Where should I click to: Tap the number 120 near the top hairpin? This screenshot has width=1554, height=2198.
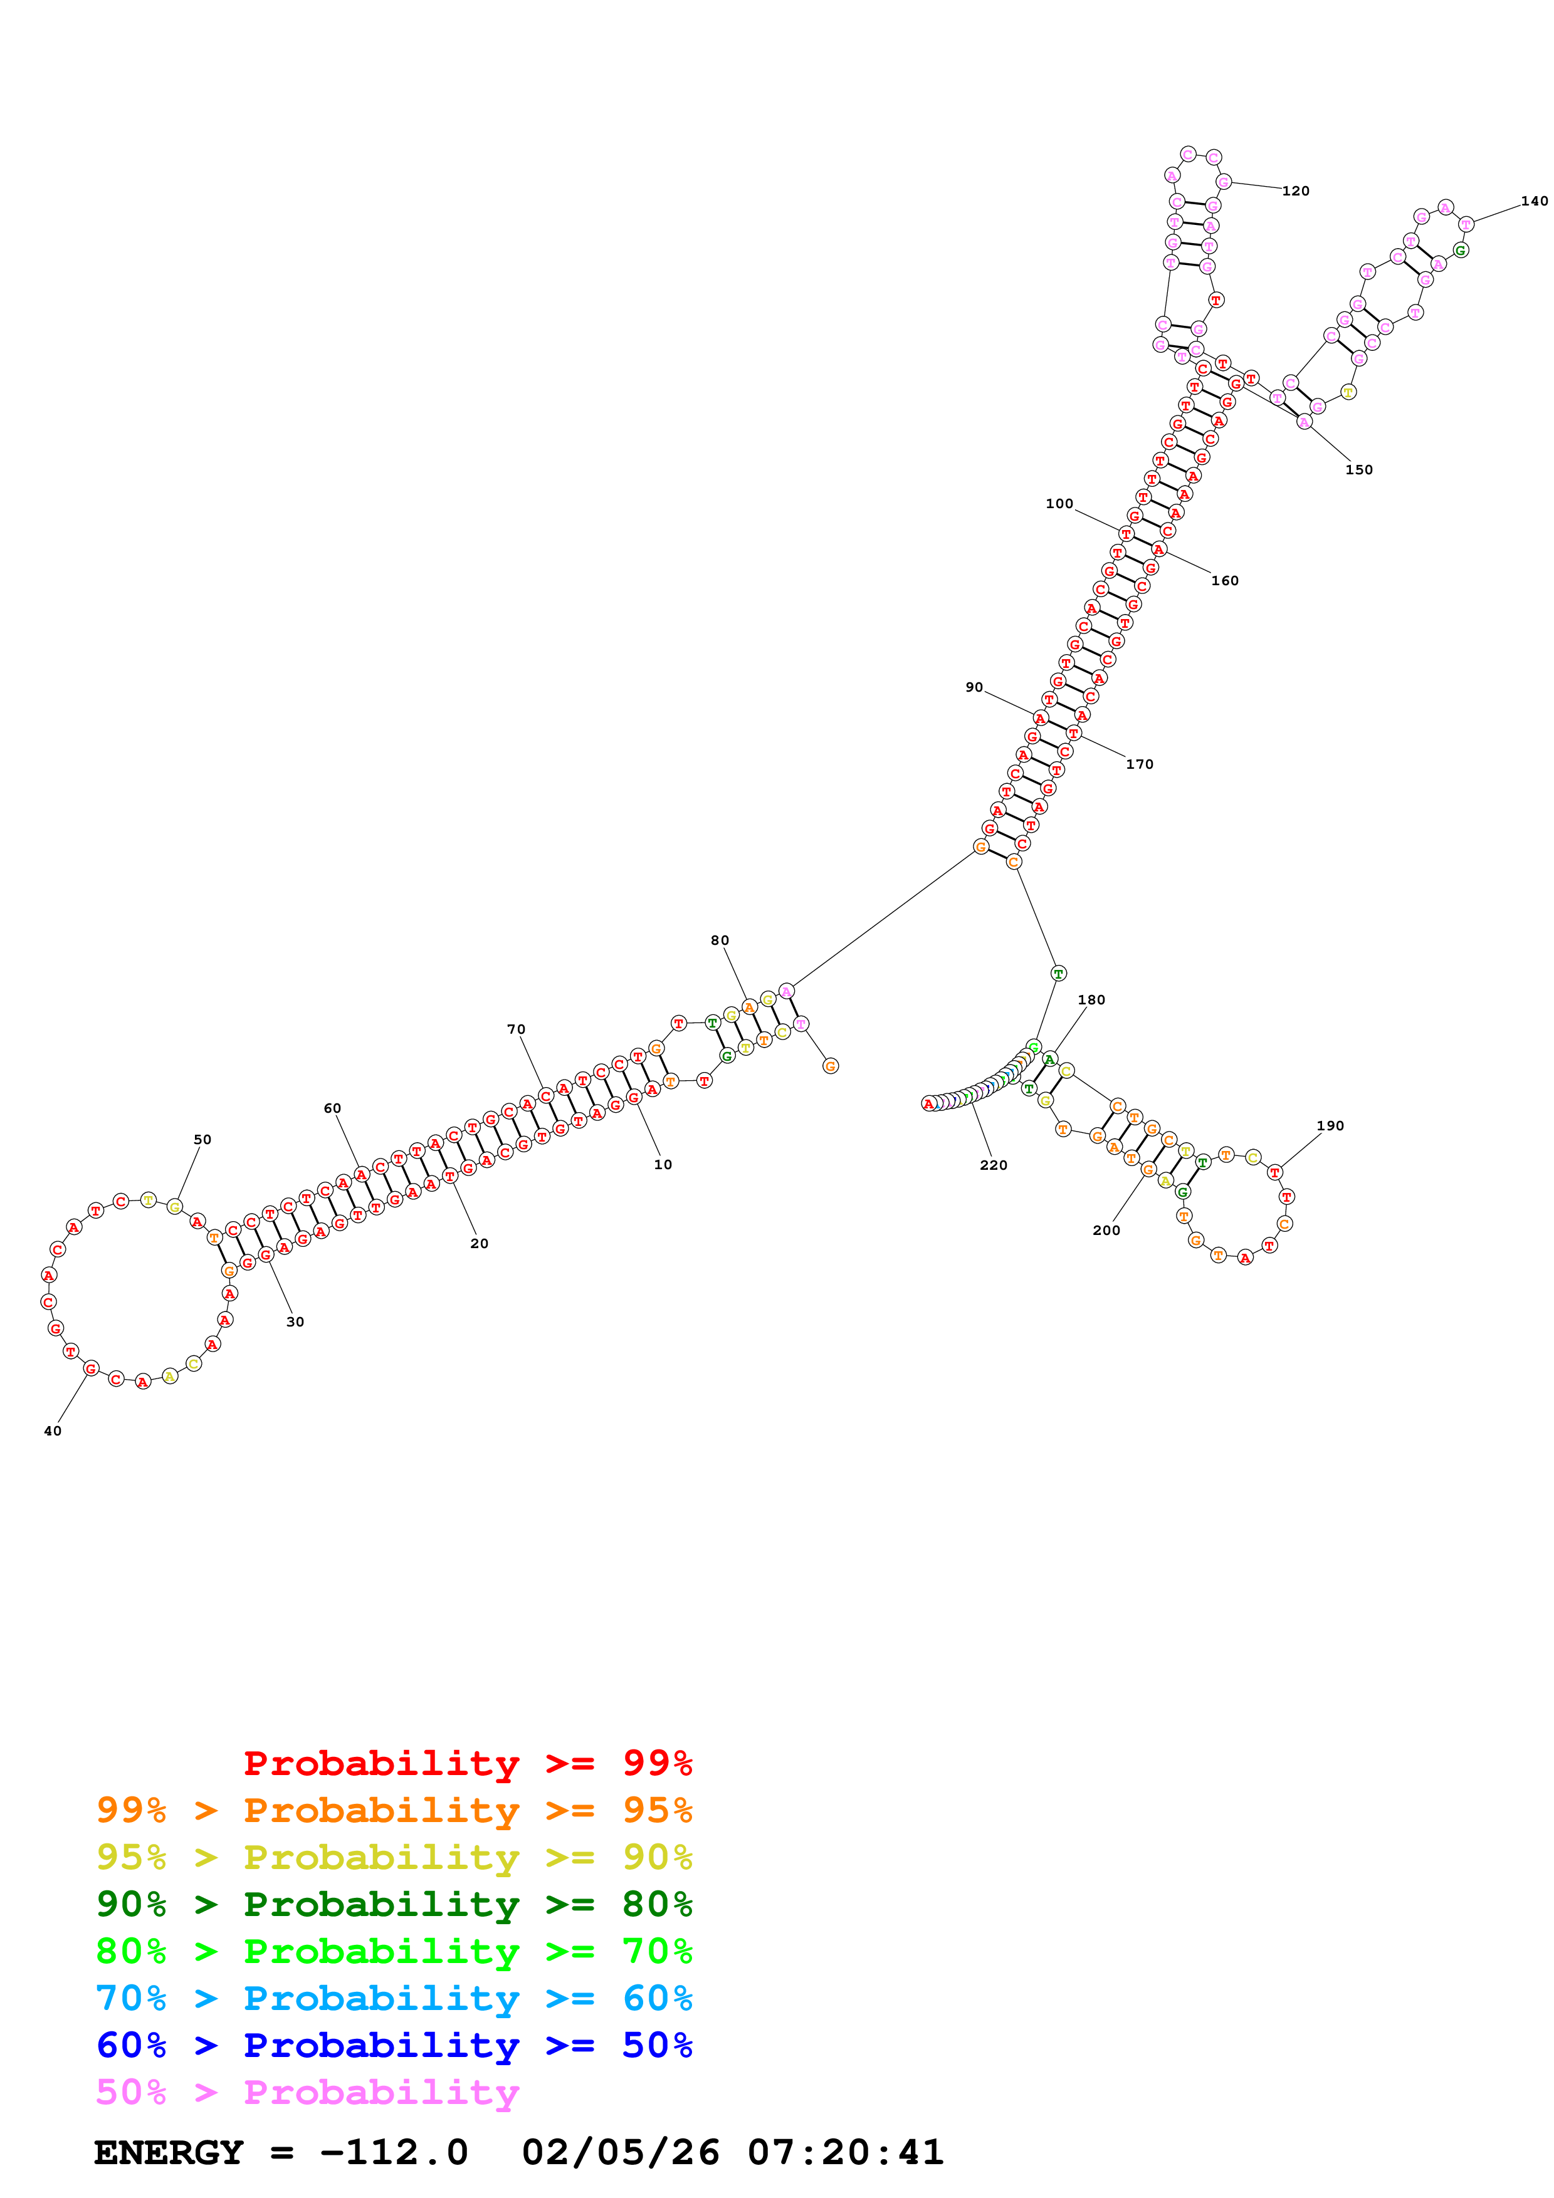click(x=1296, y=192)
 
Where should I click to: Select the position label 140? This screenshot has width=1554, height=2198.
click(x=1534, y=201)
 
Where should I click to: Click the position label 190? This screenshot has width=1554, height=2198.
click(x=1330, y=1126)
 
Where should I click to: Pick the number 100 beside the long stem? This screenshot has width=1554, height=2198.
click(x=1059, y=504)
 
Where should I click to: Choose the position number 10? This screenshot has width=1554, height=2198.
click(x=663, y=1164)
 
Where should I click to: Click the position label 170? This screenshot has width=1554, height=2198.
click(x=1140, y=764)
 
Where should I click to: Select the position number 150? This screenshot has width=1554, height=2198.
click(x=1358, y=470)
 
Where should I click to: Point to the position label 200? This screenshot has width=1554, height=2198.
click(x=1106, y=1230)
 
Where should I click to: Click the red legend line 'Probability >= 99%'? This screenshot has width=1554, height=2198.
click(x=467, y=1763)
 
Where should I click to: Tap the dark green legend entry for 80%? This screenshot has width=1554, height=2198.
click(x=394, y=1904)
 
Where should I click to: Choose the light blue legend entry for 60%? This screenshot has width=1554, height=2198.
click(x=394, y=1998)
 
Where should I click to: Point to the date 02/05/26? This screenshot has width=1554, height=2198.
click(x=621, y=2153)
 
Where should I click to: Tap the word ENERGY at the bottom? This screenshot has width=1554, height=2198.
click(x=169, y=2153)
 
